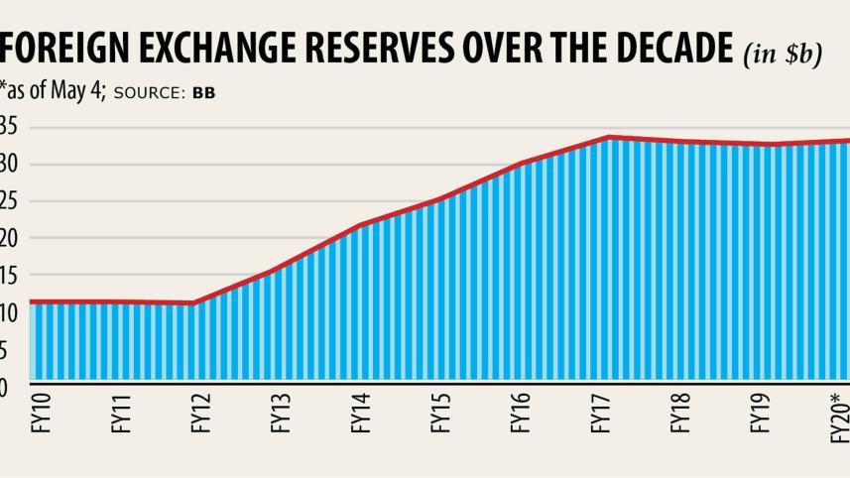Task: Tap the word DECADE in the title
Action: point(658,49)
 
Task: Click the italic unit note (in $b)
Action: point(783,54)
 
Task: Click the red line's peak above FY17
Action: point(608,138)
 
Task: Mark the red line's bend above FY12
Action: point(194,303)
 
